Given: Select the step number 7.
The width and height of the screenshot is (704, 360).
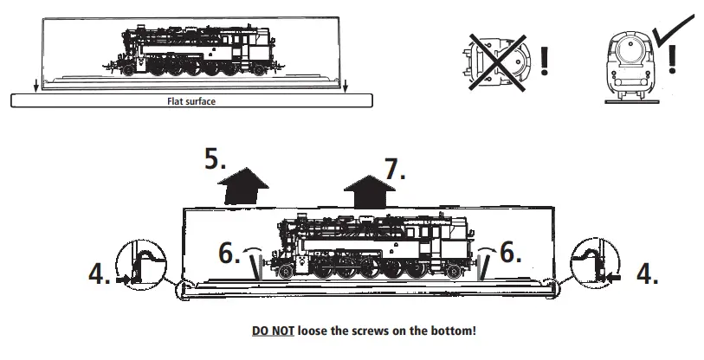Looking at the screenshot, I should tap(395, 169).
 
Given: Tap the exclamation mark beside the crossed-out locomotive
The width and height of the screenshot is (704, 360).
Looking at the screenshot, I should tap(543, 60).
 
